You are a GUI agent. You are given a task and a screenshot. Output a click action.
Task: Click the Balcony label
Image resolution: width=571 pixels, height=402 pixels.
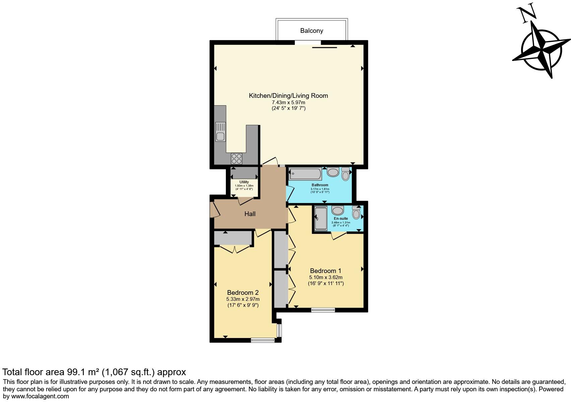311,31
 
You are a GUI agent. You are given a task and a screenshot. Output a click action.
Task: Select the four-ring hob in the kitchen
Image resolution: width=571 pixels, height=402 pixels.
237,157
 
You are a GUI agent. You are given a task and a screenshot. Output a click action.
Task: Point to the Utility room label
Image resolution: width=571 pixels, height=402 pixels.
244,182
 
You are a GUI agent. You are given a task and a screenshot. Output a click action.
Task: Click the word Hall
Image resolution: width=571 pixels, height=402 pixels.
250,214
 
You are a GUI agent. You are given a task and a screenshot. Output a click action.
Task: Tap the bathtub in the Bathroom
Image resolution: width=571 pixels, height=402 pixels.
306,174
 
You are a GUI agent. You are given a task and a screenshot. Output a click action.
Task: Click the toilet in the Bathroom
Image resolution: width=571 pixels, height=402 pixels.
345,174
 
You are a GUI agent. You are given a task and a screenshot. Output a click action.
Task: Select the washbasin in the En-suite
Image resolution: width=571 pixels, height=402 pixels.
338,210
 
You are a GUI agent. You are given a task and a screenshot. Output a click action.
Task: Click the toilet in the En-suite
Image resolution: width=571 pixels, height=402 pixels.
356,213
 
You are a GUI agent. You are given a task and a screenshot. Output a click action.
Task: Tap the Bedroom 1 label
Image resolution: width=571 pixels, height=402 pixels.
325,271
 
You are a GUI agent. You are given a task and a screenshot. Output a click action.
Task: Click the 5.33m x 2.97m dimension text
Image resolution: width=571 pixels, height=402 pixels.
243,299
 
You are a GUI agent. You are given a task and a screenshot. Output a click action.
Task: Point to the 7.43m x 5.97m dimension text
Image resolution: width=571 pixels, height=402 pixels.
288,103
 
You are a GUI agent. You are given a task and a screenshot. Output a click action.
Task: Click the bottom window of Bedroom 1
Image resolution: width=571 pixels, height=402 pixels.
323,310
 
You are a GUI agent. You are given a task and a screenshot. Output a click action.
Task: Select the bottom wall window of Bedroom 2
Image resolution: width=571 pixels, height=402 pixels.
263,340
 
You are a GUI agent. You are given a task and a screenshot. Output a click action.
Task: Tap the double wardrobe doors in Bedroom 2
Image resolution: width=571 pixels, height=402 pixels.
235,249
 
